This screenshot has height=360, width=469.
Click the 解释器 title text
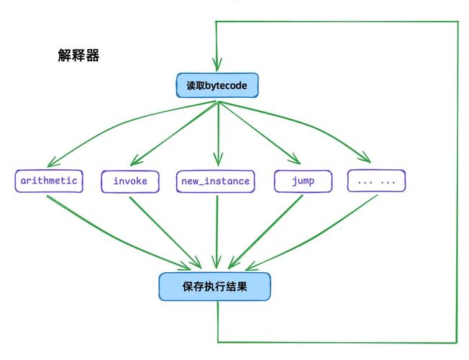click(x=78, y=56)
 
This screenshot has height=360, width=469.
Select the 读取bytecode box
click(x=217, y=86)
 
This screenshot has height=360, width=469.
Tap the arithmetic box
click(x=49, y=181)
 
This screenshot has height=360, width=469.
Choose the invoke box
click(x=129, y=181)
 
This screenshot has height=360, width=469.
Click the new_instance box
click(x=216, y=181)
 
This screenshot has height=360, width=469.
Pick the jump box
click(x=303, y=181)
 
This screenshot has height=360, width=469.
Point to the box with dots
click(x=376, y=181)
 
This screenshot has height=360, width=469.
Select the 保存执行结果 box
click(x=214, y=287)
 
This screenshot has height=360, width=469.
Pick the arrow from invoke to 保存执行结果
click(x=165, y=230)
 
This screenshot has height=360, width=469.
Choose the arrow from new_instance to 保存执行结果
click(x=217, y=230)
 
